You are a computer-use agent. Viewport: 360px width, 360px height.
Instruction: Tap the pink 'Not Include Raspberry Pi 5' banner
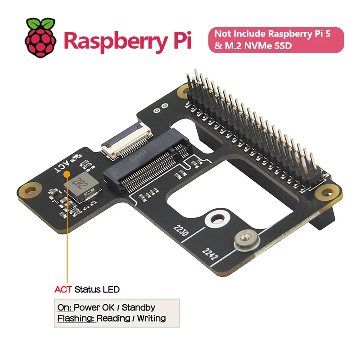click(x=276, y=40)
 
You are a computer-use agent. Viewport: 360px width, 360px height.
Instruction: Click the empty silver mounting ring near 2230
click(x=215, y=220)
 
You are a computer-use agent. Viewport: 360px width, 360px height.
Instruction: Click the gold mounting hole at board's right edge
click(x=324, y=193)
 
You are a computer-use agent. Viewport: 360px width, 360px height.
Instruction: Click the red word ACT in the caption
click(x=63, y=289)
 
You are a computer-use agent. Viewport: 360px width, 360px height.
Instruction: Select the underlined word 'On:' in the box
click(x=64, y=308)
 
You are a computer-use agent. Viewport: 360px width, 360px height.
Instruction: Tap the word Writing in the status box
click(x=151, y=319)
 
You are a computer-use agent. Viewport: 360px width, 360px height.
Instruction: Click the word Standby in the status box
click(x=139, y=308)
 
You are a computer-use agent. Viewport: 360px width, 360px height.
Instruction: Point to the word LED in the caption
click(x=111, y=289)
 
